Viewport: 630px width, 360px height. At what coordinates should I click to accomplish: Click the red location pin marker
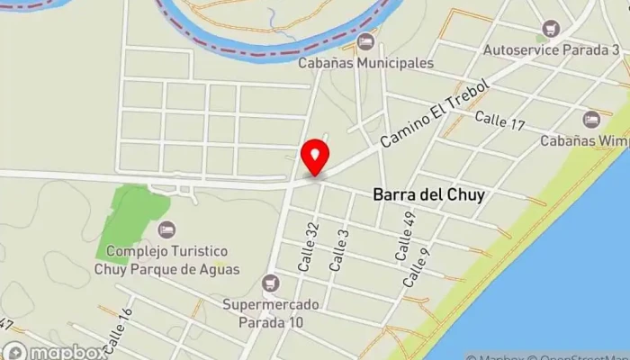pyautogui.click(x=315, y=157)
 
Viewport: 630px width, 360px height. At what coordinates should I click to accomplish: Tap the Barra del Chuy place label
pyautogui.click(x=422, y=193)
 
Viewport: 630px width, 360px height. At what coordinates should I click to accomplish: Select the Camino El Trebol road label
pyautogui.click(x=433, y=114)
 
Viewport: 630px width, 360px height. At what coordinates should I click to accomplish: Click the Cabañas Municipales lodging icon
pyautogui.click(x=365, y=41)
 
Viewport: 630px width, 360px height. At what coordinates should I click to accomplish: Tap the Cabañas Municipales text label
pyautogui.click(x=367, y=63)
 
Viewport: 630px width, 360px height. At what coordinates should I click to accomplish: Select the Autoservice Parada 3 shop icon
pyautogui.click(x=545, y=30)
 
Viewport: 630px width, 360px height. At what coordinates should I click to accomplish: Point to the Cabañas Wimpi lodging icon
pyautogui.click(x=590, y=119)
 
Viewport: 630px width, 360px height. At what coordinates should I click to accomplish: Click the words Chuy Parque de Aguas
pyautogui.click(x=165, y=267)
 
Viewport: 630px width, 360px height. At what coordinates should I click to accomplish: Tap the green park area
pyautogui.click(x=130, y=216)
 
